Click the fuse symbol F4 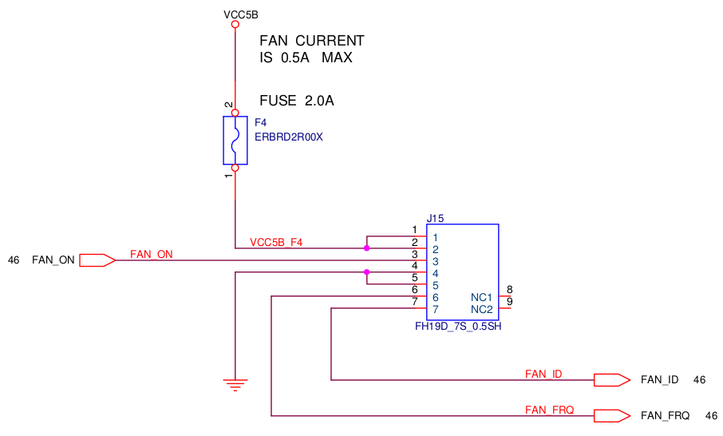(235, 141)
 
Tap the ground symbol (235, 385)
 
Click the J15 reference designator (435, 218)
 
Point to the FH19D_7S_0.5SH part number (458, 327)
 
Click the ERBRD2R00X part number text (288, 137)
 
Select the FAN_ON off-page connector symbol (97, 260)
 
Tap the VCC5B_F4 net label (276, 243)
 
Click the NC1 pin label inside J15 (481, 297)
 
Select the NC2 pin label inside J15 (481, 309)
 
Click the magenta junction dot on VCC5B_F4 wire (366, 248)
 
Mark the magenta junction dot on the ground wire (366, 272)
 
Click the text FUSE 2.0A (296, 101)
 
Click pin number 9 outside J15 (509, 302)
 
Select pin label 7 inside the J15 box (436, 309)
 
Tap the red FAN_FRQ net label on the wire (549, 410)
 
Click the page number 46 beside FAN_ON (14, 260)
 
